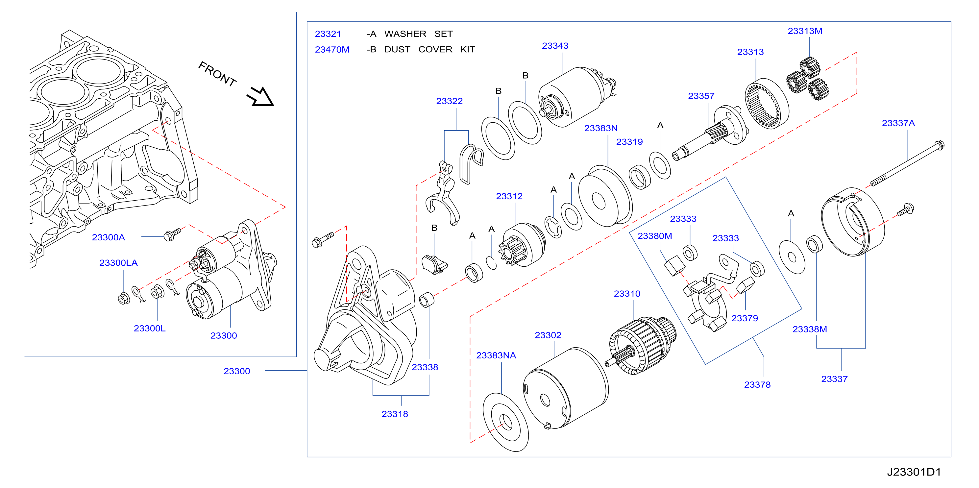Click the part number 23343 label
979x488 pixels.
(555, 46)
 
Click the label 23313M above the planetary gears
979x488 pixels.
(805, 31)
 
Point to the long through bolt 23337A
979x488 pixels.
(908, 163)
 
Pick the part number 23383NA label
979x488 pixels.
(496, 355)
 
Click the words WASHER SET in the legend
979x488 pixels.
(418, 34)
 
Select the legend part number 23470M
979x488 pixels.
(332, 50)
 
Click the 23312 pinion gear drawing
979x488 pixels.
(522, 245)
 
